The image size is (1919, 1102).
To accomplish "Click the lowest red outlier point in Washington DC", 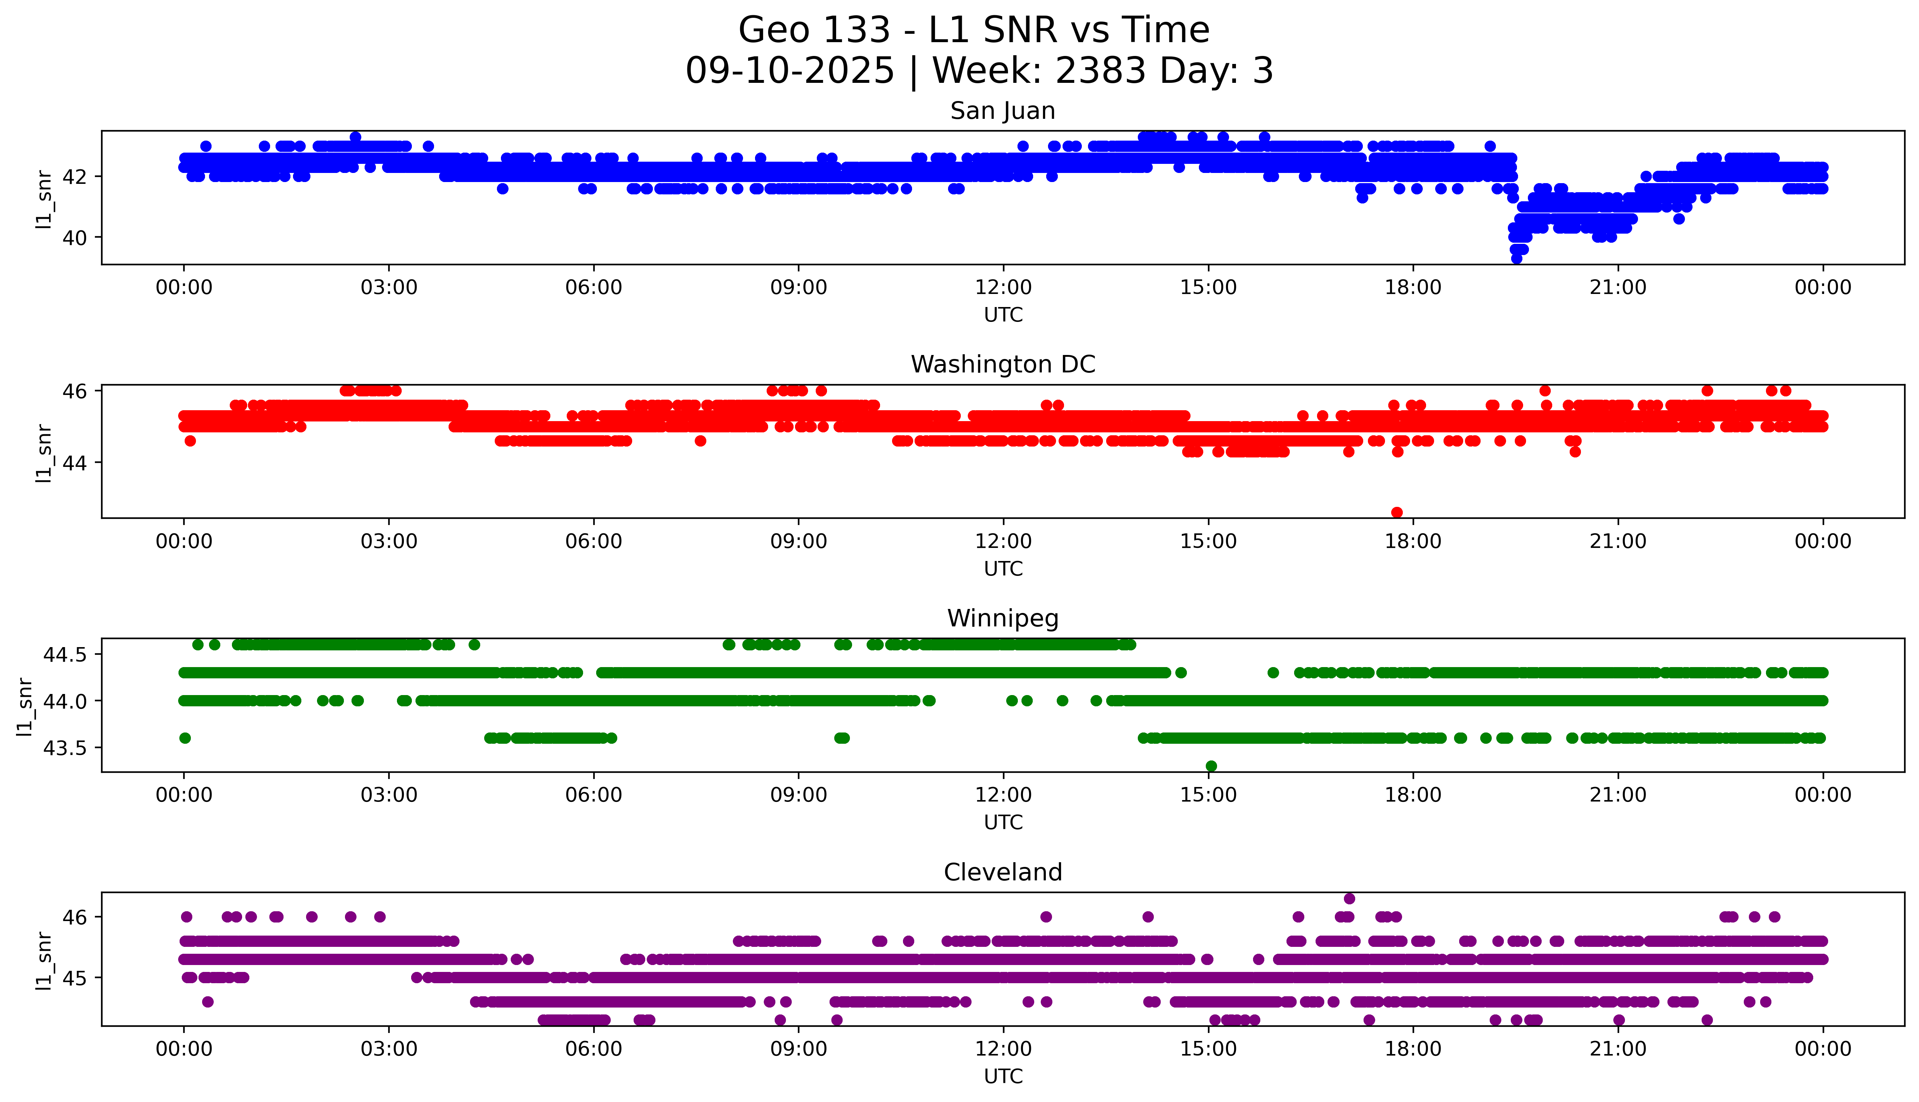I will pyautogui.click(x=1397, y=512).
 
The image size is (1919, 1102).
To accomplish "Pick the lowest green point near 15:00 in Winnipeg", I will pyautogui.click(x=1211, y=766).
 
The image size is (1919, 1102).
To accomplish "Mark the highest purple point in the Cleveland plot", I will pyautogui.click(x=1349, y=899).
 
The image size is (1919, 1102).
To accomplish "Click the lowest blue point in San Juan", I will pyautogui.click(x=1516, y=259).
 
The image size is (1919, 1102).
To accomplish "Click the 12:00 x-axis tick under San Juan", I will pyautogui.click(x=1003, y=288).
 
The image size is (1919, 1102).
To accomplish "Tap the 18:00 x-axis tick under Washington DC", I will pyautogui.click(x=1413, y=541).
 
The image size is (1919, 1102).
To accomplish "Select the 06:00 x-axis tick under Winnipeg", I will pyautogui.click(x=594, y=795).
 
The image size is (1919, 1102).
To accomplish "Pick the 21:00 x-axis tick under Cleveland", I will pyautogui.click(x=1618, y=1049).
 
